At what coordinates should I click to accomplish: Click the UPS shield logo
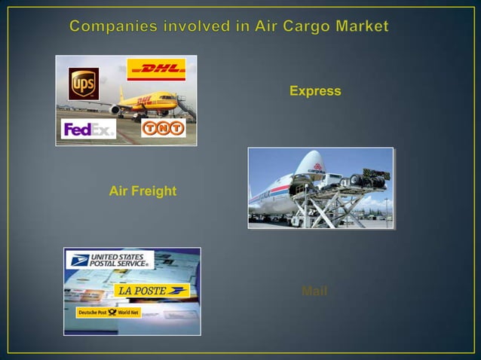coord(83,83)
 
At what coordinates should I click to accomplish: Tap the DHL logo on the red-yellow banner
coord(156,70)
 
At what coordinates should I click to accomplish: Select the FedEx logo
coord(88,130)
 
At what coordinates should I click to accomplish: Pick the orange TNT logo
coord(164,128)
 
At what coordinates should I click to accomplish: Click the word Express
coord(315,91)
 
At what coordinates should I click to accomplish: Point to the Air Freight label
coord(142,191)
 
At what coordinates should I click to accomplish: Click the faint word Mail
coord(314,291)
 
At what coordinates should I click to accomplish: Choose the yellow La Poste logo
coord(151,290)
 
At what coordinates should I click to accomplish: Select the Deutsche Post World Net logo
coord(109,312)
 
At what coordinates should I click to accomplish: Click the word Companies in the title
coord(112,27)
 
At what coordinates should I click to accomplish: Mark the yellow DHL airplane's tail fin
coord(124,96)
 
